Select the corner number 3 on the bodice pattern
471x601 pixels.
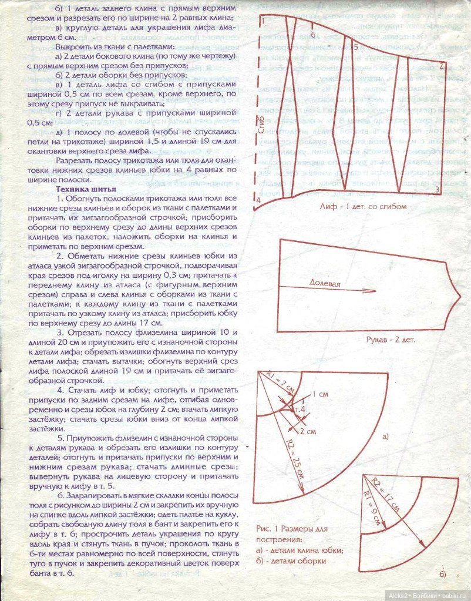[438, 189]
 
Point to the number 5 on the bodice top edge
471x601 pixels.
[356, 47]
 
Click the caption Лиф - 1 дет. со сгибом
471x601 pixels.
[363, 207]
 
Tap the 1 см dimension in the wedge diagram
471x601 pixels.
[321, 394]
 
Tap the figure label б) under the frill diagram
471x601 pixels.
[442, 573]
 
